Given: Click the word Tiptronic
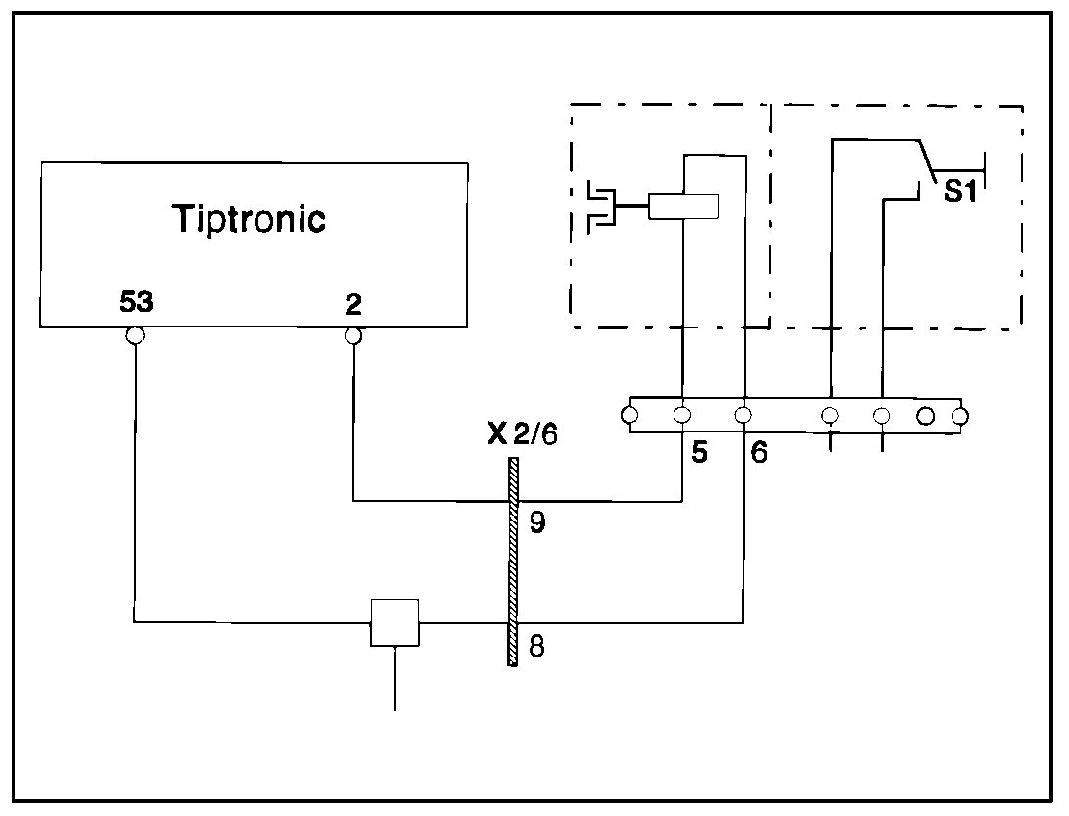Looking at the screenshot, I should [249, 218].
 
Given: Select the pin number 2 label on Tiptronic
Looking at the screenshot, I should [353, 304].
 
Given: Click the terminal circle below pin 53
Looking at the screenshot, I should [135, 336].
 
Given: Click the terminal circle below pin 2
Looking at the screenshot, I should [353, 336].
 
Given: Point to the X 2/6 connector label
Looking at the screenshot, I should [522, 434].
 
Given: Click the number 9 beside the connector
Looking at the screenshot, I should [536, 522].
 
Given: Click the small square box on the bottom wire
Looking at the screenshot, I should [395, 622].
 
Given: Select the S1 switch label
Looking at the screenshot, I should [960, 192].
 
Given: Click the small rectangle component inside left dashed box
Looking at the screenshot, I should [682, 206].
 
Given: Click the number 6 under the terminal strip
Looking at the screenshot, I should [759, 454].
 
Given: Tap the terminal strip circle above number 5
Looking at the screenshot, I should [682, 415].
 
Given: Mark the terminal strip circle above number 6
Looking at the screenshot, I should [744, 415].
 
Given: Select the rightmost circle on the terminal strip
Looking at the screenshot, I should [959, 416].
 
